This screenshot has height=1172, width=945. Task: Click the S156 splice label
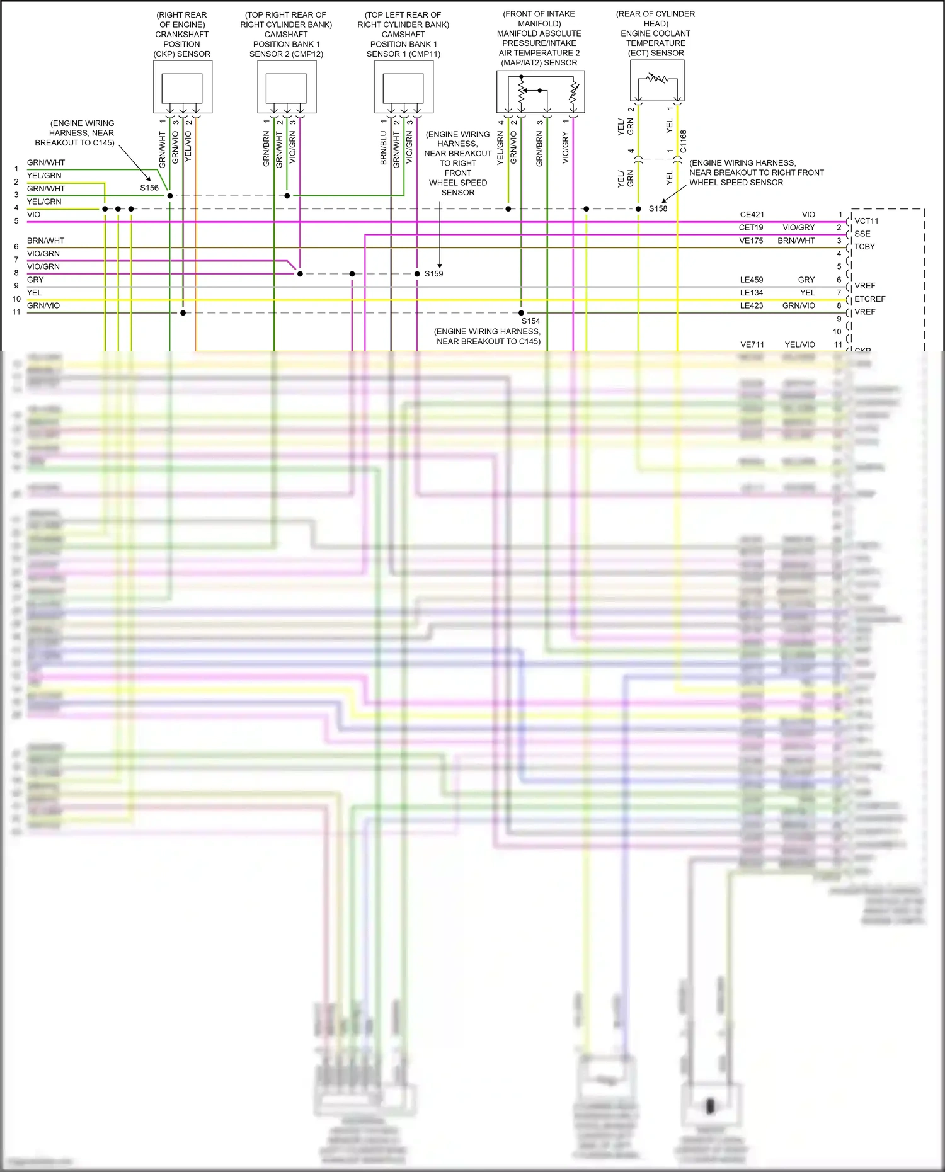point(149,188)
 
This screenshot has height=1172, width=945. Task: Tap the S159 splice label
point(433,274)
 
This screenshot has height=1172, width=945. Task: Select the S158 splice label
point(658,208)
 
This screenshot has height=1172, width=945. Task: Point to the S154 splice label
point(530,321)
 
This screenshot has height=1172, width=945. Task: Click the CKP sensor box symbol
point(183,87)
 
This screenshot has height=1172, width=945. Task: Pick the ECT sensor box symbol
point(657,81)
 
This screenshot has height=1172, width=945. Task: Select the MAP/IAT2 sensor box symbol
point(541,92)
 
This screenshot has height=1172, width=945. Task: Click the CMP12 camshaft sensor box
point(287,87)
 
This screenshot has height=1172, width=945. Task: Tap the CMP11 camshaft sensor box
point(404,87)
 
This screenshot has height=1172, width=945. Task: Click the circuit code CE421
point(752,215)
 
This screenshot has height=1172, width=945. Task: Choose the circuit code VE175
point(751,241)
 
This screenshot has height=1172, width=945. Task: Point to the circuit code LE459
point(751,280)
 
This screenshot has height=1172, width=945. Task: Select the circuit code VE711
point(752,344)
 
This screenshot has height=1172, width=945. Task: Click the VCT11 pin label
point(866,221)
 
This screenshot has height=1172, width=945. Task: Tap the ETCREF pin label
point(870,299)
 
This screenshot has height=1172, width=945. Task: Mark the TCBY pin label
point(864,247)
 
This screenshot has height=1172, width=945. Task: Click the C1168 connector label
point(684,142)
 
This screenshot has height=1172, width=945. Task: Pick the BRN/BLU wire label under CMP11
point(383,149)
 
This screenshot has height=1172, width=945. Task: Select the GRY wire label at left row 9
point(35,280)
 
